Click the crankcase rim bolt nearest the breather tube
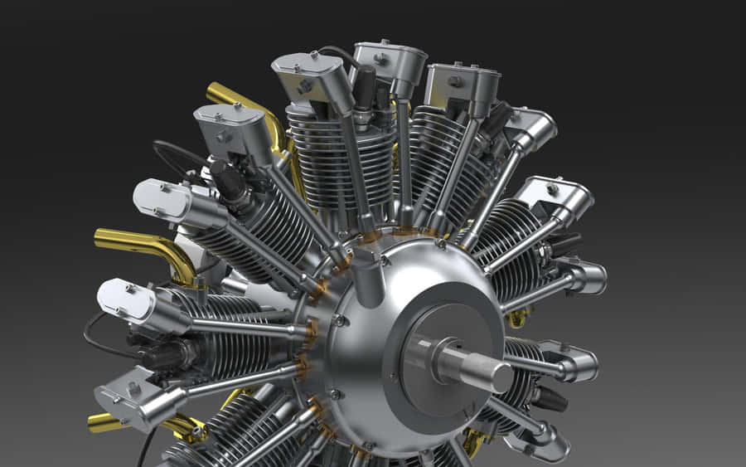pos(340,320)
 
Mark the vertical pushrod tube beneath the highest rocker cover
pos(404,158)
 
